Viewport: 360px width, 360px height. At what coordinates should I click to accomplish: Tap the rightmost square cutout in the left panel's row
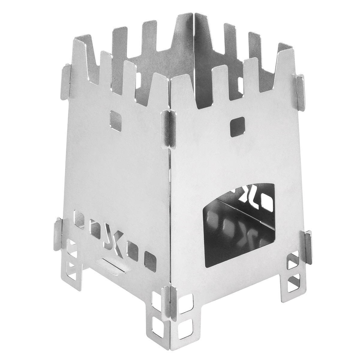pos(150,258)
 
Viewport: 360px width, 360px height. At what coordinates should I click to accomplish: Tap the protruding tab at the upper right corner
pos(300,87)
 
